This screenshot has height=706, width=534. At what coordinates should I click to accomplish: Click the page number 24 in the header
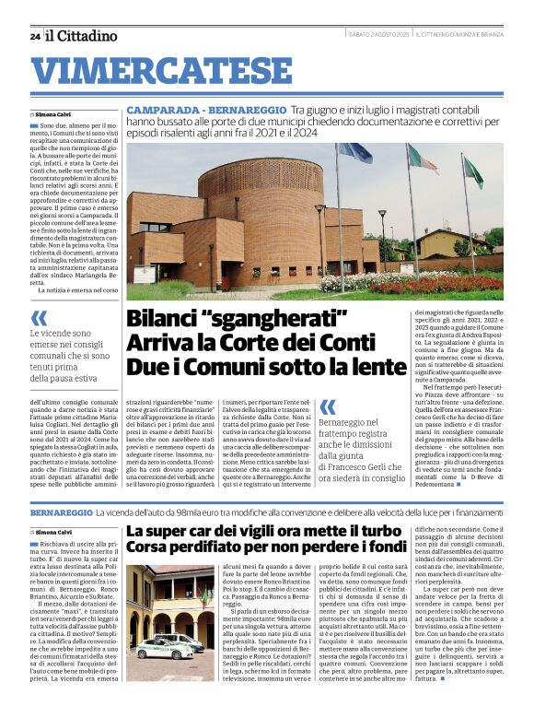coord(34,36)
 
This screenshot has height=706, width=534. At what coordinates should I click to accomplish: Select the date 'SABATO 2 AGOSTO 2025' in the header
coord(377,35)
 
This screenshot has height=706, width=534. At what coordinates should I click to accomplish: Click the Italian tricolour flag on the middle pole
coord(422,159)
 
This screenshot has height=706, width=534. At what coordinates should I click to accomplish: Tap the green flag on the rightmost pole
coord(471,171)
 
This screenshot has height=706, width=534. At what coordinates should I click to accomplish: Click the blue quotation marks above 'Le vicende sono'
coord(38,318)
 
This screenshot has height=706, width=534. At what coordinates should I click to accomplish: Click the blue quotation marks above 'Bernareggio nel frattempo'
coord(327,406)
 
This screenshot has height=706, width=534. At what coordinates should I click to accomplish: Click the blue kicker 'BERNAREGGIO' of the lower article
coord(61,511)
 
